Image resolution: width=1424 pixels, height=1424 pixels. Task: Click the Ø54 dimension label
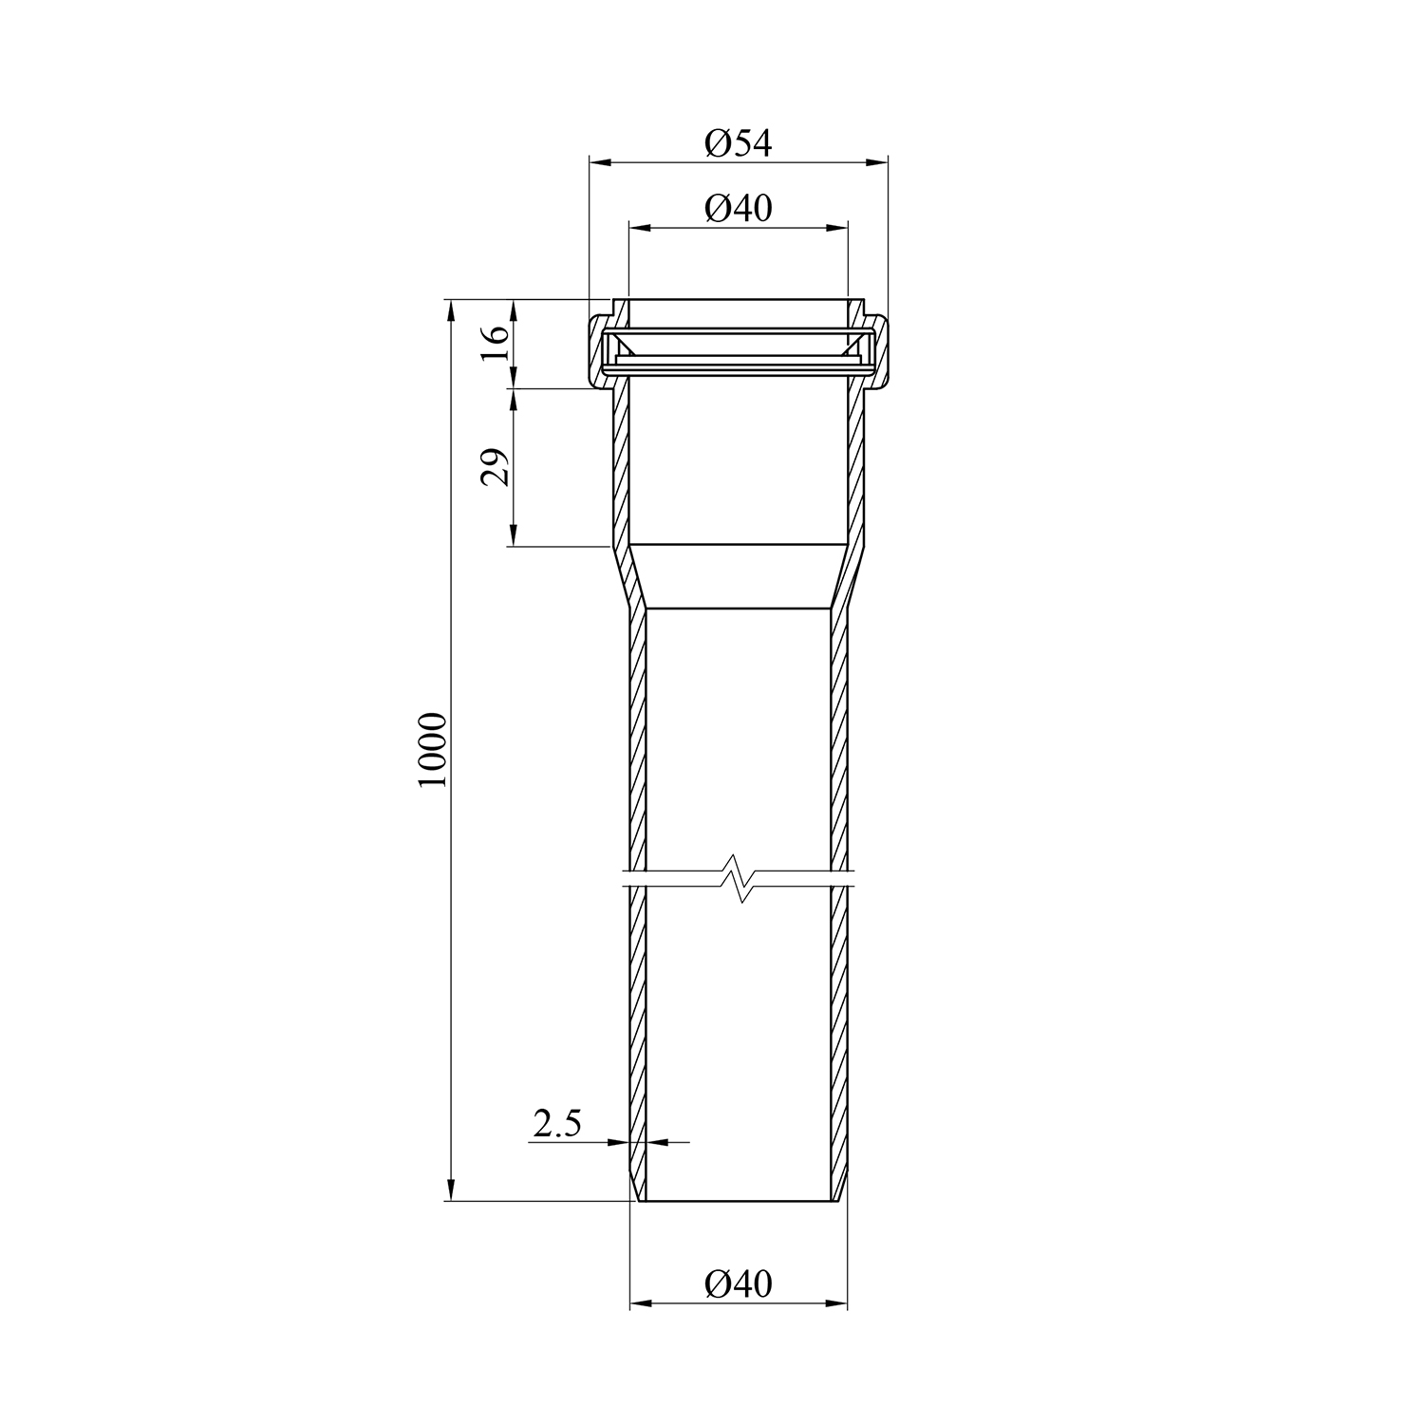(739, 143)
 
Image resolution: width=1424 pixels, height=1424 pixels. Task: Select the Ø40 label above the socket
(739, 208)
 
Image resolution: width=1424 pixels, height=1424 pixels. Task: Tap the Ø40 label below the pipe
(739, 1284)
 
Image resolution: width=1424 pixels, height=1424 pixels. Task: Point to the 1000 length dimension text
(431, 749)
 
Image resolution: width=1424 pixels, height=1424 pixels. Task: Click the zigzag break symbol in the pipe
(738, 878)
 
